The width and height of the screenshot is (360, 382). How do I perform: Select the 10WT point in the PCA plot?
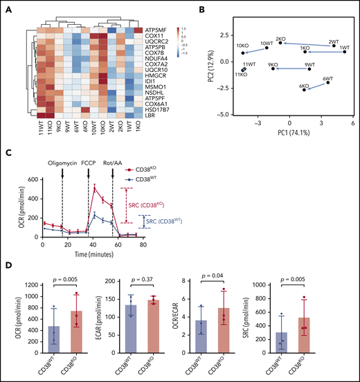pos(267,48)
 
